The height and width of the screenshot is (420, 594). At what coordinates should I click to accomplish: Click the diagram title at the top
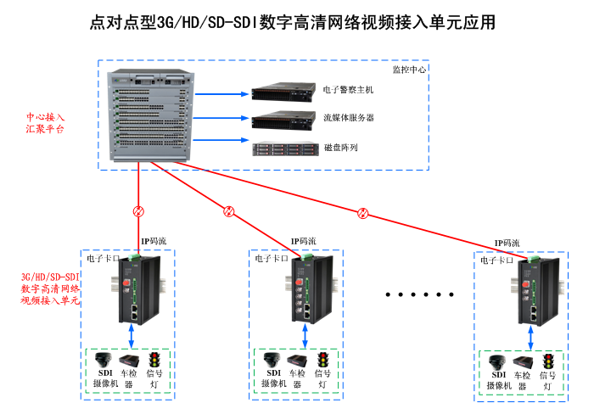[x=293, y=23]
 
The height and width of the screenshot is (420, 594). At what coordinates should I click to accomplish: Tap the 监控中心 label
[x=410, y=70]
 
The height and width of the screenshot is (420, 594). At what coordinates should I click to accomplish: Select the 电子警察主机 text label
[x=348, y=89]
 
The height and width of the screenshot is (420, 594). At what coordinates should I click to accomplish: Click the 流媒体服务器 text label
[x=348, y=118]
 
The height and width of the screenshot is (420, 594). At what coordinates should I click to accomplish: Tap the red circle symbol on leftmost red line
[x=138, y=211]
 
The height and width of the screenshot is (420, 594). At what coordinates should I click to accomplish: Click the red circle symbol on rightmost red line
[x=363, y=212]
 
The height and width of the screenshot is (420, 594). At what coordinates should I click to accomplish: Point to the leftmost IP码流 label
[x=154, y=241]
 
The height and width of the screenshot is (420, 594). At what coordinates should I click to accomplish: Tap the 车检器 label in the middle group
[x=296, y=378]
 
